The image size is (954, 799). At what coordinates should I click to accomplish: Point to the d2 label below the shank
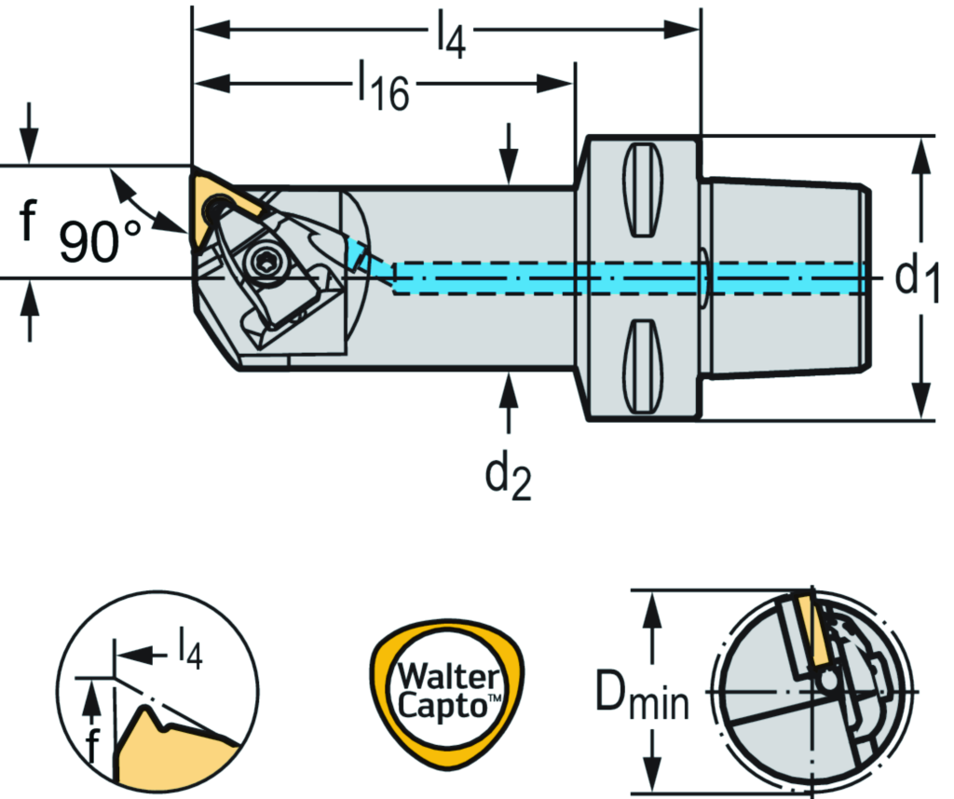(x=509, y=478)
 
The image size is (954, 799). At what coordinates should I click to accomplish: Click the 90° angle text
(x=101, y=242)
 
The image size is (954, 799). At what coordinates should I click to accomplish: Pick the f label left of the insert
(x=28, y=223)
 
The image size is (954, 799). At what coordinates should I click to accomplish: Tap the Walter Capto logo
(x=448, y=690)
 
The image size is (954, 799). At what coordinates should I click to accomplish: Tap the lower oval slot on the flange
(x=643, y=365)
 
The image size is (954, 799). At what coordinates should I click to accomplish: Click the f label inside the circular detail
(x=91, y=746)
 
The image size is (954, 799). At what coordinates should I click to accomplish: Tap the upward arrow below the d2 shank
(x=508, y=400)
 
